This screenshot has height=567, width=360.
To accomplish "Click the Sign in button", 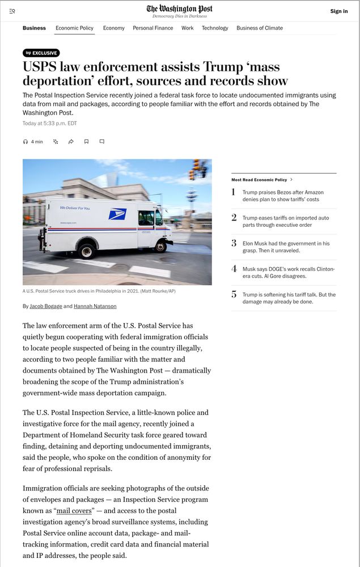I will (338, 11).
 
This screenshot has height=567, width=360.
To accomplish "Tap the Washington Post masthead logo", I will (180, 9).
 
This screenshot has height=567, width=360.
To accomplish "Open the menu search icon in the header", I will (12, 11).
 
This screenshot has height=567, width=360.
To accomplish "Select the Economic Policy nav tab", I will (74, 28).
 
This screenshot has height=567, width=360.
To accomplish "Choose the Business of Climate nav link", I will (259, 28).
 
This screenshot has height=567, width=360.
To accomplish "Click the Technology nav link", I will (215, 28).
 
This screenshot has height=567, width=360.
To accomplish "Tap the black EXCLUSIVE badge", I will (41, 53).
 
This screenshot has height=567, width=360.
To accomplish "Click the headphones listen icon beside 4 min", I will (26, 142).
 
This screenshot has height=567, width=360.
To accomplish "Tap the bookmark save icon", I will (86, 142).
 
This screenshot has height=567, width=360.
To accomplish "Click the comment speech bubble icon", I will (102, 142).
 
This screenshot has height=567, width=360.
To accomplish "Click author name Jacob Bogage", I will (46, 306).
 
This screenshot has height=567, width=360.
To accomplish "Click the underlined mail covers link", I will (74, 511).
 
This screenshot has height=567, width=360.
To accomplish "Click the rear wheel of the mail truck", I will (87, 249).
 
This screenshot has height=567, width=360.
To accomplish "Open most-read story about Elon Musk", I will (286, 247).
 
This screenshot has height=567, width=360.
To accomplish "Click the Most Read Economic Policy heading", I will (260, 180).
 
